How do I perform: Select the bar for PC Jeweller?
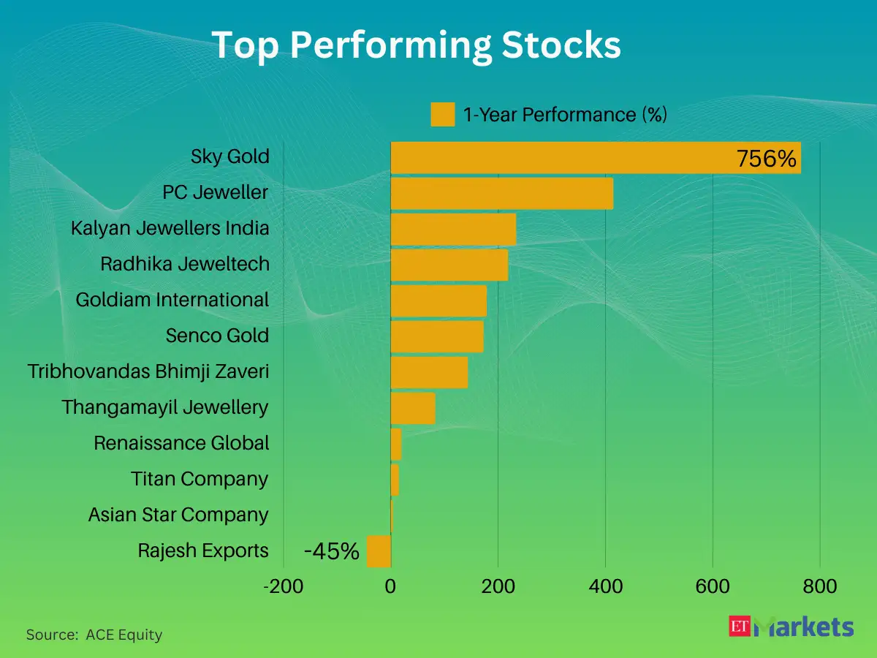click(x=501, y=193)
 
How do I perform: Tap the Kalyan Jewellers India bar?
click(x=453, y=229)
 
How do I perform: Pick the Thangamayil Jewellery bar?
click(x=413, y=408)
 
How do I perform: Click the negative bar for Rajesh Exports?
click(x=379, y=551)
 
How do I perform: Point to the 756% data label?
click(x=766, y=159)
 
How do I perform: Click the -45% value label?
click(x=332, y=552)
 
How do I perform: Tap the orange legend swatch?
click(x=443, y=115)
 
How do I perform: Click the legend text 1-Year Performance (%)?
click(x=565, y=115)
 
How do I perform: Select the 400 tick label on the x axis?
click(x=605, y=586)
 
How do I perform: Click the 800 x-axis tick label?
click(x=819, y=586)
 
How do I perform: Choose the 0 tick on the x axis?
click(x=391, y=586)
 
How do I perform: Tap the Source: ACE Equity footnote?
click(x=94, y=635)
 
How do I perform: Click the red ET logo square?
click(x=740, y=626)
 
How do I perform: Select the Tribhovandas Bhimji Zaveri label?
click(x=148, y=371)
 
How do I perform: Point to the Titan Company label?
click(x=200, y=479)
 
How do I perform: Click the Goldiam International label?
click(x=172, y=300)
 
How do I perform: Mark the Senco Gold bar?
click(x=437, y=336)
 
